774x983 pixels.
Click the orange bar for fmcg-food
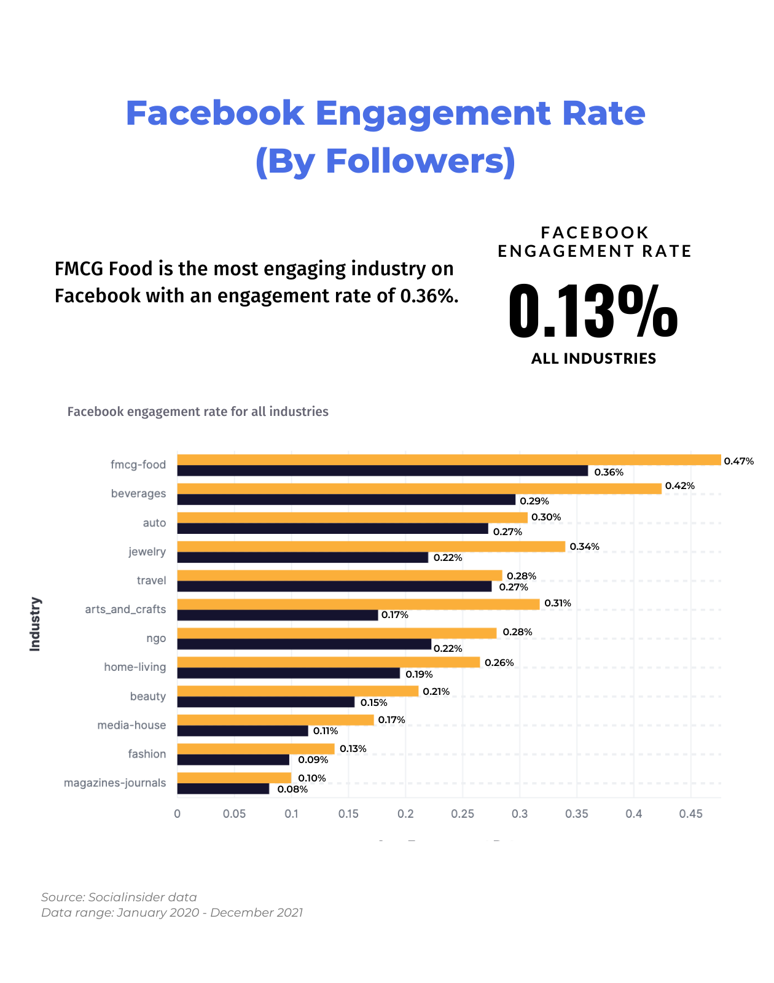tap(448, 460)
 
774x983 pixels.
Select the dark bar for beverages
tap(346, 500)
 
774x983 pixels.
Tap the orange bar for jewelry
tap(371, 546)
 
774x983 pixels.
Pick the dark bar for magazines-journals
tap(223, 789)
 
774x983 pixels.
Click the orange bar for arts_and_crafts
tap(358, 604)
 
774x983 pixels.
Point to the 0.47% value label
tap(738, 461)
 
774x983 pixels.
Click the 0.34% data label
tap(584, 547)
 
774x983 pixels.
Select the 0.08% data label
tap(292, 789)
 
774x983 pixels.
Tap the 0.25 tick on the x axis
tap(463, 814)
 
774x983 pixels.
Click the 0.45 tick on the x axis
tap(690, 814)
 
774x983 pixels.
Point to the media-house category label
tap(131, 725)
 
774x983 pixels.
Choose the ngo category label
tap(156, 638)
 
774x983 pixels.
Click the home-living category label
tap(135, 667)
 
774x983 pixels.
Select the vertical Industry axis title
tap(35, 624)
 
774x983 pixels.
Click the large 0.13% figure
tap(593, 311)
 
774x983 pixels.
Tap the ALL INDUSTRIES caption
tap(593, 359)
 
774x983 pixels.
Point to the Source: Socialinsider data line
tap(119, 897)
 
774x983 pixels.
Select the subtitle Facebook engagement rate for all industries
tap(198, 412)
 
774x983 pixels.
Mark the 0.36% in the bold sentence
tap(429, 296)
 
